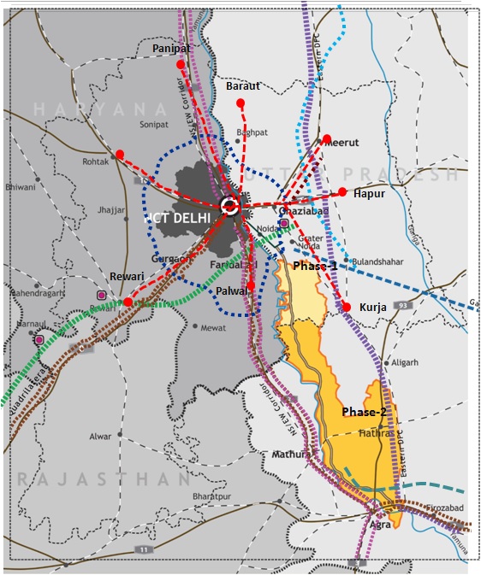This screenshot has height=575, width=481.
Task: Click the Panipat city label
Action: click(x=172, y=50)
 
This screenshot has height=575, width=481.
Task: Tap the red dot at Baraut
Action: click(x=240, y=103)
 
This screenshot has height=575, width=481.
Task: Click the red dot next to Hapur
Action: click(x=342, y=191)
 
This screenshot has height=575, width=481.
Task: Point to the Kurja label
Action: click(x=375, y=308)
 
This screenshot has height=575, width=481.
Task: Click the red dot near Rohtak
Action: click(x=120, y=155)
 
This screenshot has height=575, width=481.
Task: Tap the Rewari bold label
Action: click(x=128, y=277)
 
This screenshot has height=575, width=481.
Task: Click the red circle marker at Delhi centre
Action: click(x=229, y=205)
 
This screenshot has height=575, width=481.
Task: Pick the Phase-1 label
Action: click(x=316, y=267)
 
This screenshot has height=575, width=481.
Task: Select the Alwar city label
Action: click(x=100, y=436)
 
